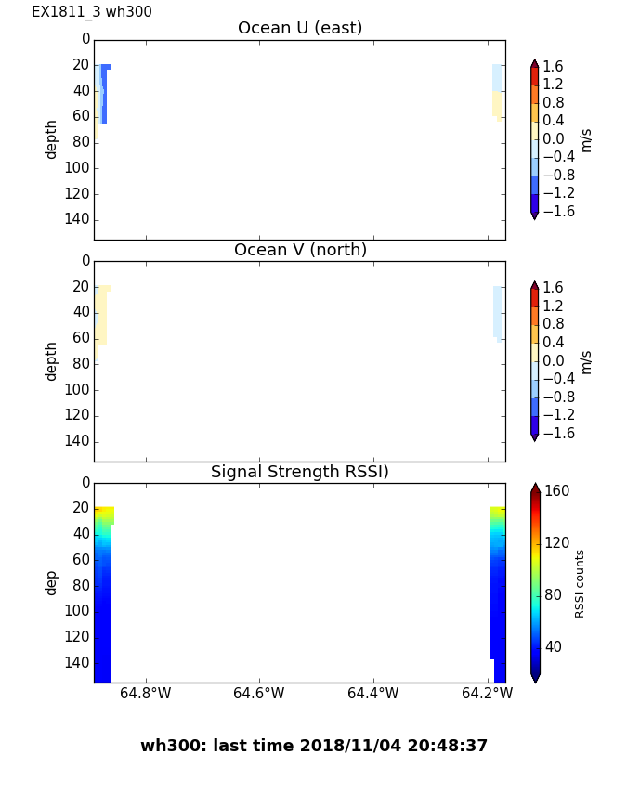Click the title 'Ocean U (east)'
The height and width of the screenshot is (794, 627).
[300, 28]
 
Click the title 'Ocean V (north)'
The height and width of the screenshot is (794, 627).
[300, 250]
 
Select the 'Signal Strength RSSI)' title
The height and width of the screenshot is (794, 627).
[300, 472]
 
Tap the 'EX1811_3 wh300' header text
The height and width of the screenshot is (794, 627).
[92, 12]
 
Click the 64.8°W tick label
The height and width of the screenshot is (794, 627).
[146, 693]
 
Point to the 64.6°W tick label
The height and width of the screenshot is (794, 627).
[258, 693]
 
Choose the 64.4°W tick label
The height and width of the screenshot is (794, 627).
[372, 693]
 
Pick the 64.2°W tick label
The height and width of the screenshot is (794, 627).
[487, 693]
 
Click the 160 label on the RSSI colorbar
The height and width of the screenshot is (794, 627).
[557, 491]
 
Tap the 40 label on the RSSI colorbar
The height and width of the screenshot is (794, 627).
[555, 646]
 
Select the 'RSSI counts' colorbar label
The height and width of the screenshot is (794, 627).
[581, 583]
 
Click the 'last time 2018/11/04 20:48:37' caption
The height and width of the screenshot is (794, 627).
[314, 746]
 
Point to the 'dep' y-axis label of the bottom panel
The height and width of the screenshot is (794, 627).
[52, 582]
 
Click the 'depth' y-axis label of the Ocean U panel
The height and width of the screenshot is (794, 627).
[52, 138]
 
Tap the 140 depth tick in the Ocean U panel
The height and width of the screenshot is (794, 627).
[79, 219]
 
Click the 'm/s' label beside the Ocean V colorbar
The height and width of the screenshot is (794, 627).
[586, 361]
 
